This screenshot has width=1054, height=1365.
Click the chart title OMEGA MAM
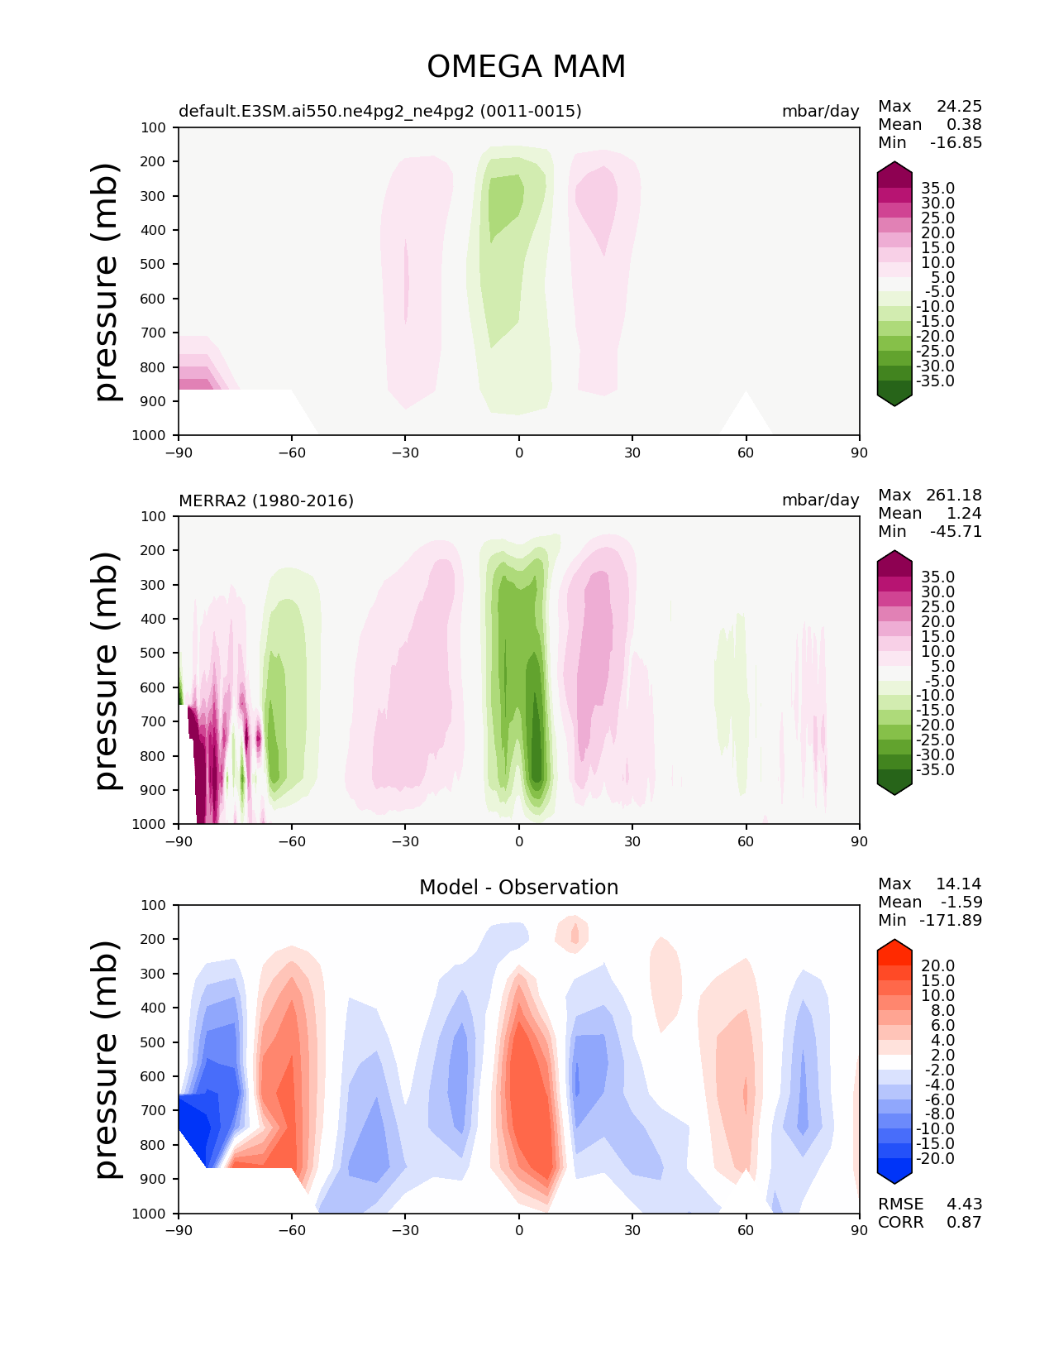pyautogui.click(x=526, y=67)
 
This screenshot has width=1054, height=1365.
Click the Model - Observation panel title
pyautogui.click(x=518, y=888)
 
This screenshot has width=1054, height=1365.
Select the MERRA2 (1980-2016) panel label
pyautogui.click(x=266, y=500)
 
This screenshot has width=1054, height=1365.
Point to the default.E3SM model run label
pyautogui.click(x=380, y=111)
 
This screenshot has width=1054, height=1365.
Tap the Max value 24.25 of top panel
pyautogui.click(x=959, y=106)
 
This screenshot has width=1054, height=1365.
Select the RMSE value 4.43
pyautogui.click(x=964, y=1204)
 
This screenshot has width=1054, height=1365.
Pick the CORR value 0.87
pyautogui.click(x=964, y=1222)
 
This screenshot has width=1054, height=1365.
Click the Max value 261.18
pyautogui.click(x=954, y=495)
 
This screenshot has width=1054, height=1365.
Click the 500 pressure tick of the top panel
pyautogui.click(x=154, y=264)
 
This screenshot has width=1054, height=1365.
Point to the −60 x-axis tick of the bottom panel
pyautogui.click(x=292, y=1230)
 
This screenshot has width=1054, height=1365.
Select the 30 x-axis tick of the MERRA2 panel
pyautogui.click(x=632, y=841)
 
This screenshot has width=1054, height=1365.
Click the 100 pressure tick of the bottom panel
pyautogui.click(x=154, y=905)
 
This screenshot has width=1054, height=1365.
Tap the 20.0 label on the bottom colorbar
pyautogui.click(x=937, y=965)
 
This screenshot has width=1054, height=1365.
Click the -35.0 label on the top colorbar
pyautogui.click(x=935, y=381)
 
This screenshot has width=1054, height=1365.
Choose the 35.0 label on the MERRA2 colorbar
pyautogui.click(x=937, y=577)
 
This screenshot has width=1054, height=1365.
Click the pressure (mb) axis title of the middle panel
pyautogui.click(x=107, y=670)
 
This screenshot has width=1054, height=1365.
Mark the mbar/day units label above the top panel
pyautogui.click(x=820, y=111)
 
